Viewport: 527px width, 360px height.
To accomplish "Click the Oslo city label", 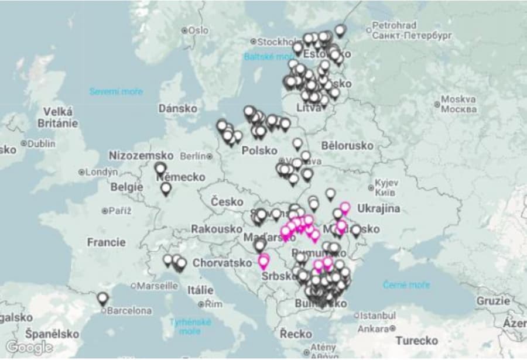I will pyautogui.click(x=198, y=30).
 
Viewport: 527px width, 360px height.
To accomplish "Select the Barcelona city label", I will pyautogui.click(x=129, y=310).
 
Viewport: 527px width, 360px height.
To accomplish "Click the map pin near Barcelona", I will pyautogui.click(x=103, y=298).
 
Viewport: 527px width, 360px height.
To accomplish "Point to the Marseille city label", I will pyautogui.click(x=158, y=286).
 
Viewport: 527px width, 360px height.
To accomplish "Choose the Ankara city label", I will pyautogui.click(x=374, y=328).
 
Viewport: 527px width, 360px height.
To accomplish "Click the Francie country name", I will pyautogui.click(x=106, y=242).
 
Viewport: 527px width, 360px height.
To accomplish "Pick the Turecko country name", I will pyautogui.click(x=416, y=340).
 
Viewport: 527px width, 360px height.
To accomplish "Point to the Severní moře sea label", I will pyautogui.click(x=116, y=91).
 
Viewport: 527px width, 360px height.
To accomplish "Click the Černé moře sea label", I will pyautogui.click(x=406, y=285).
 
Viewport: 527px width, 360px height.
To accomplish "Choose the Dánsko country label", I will pyautogui.click(x=177, y=108).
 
